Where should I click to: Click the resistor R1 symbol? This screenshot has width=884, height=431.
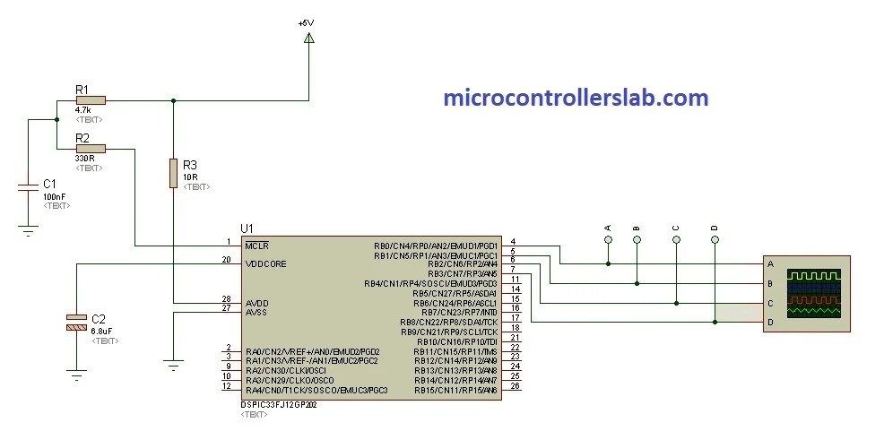pos(91,100)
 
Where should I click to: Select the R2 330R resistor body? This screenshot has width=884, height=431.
pos(91,148)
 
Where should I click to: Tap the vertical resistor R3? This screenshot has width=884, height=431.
pos(173,172)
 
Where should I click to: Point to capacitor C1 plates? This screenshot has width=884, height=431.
pos(29,187)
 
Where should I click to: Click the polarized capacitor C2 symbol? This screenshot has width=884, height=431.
pos(77,323)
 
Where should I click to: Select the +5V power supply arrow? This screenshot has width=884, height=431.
pos(308,38)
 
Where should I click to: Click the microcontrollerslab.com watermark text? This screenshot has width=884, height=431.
pos(576,98)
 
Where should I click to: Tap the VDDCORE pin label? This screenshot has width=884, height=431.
pos(266,263)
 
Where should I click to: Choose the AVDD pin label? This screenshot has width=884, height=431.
pos(256,303)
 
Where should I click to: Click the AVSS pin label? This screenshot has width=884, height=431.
pos(256,312)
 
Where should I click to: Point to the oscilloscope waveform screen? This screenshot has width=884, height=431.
pos(814,293)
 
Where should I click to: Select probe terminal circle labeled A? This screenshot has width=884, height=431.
pos(608,240)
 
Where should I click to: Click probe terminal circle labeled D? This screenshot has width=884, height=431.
pos(715,240)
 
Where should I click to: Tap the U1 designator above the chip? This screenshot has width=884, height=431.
pos(247,228)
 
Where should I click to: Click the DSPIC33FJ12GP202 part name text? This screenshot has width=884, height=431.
pos(279,405)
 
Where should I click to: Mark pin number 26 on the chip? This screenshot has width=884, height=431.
pos(516,386)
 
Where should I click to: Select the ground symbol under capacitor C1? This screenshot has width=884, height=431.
pos(29,229)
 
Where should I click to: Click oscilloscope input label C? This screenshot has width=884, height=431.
pos(770,303)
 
